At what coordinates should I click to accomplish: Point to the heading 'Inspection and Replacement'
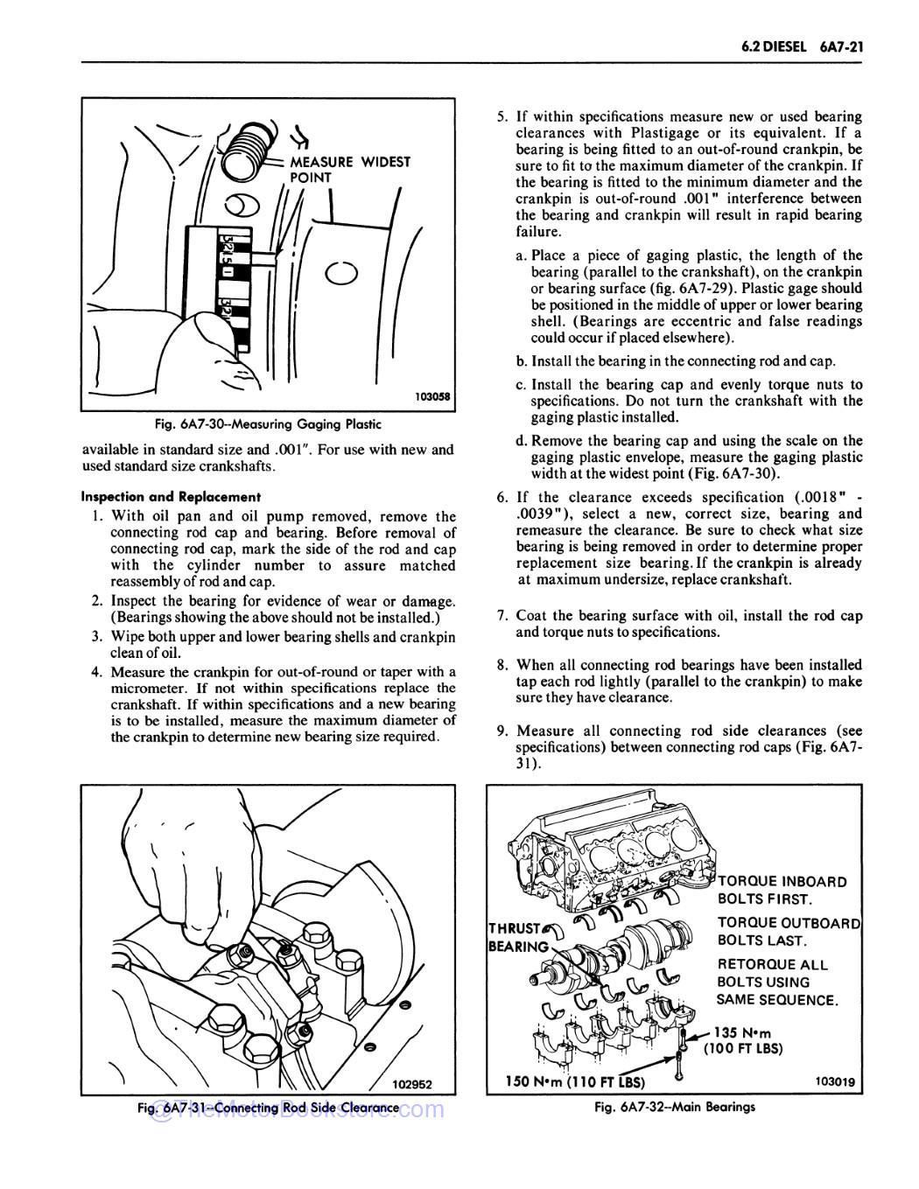171,496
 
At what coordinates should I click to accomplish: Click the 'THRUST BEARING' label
517,913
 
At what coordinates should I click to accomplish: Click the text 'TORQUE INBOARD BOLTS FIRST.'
782,890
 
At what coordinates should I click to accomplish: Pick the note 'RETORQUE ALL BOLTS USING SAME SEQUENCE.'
777,982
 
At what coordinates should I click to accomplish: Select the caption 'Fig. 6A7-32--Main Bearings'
674,1107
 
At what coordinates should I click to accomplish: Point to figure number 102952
412,1084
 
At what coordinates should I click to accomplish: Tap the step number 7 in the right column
502,616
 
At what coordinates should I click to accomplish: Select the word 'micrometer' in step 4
148,689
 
